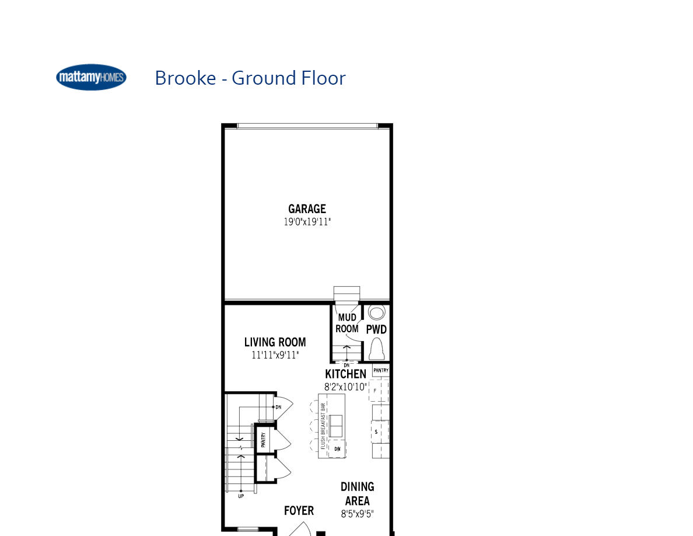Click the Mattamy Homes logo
pos(91,78)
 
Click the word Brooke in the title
pos(185,78)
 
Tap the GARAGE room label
pos(307,209)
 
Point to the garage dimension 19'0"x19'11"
pos(307,222)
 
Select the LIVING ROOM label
pos(275,343)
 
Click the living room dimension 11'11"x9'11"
pos(275,355)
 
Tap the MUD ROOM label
pos(347,323)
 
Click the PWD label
pos(376,329)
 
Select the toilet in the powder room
pos(377,349)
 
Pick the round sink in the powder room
pos(377,312)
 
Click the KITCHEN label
pos(346,374)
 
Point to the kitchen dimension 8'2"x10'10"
pos(346,387)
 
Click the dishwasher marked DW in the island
pos(337,448)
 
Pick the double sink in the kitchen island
pos(337,426)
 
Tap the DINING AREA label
pos(357,493)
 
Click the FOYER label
pos(299,511)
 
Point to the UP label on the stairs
pos(240,496)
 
